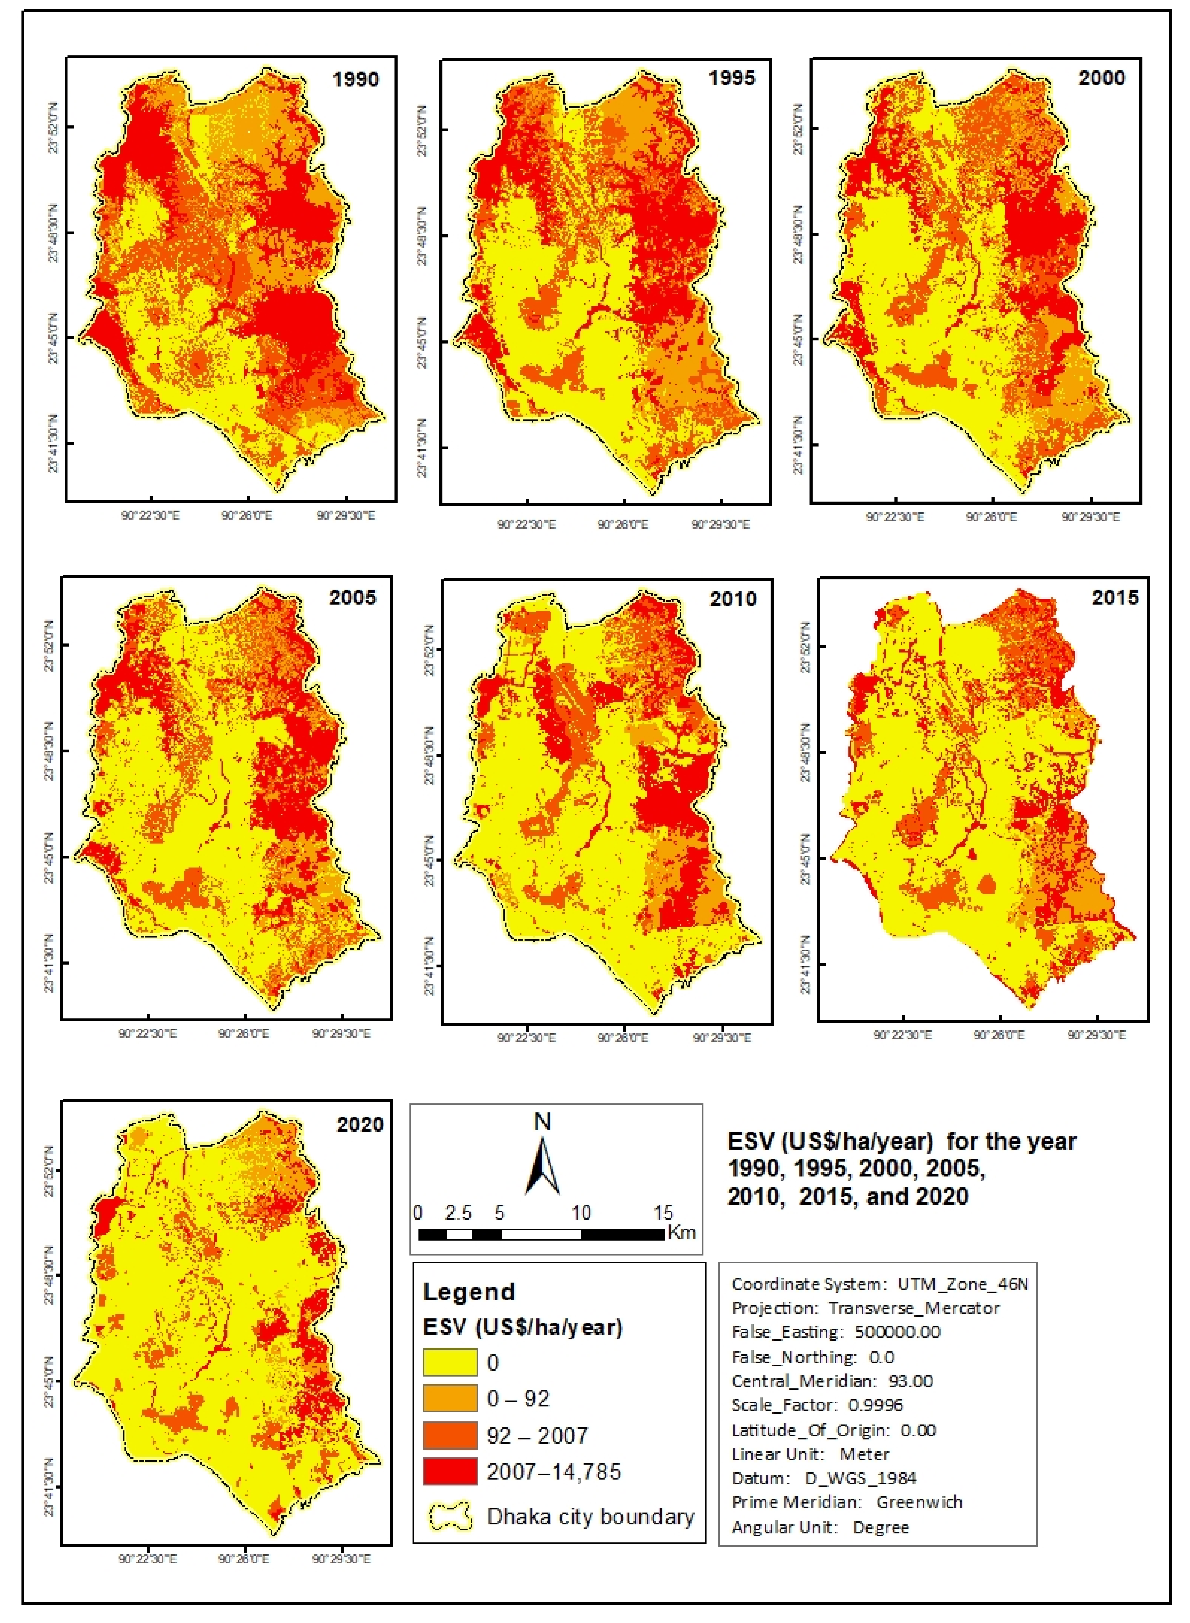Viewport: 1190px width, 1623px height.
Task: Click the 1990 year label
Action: pos(355,79)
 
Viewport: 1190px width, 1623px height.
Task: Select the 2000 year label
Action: pos(1101,78)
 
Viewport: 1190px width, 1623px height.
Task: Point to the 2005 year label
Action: pos(353,597)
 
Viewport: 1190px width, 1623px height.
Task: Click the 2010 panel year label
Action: pos(733,599)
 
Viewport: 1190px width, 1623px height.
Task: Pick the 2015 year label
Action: pos(1115,597)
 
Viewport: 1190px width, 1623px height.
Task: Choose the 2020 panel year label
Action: pos(360,1125)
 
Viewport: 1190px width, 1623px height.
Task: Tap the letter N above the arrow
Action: pos(542,1122)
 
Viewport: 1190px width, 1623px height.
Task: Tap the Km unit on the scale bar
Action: pos(681,1232)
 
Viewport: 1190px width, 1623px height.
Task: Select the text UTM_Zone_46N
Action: pos(962,1284)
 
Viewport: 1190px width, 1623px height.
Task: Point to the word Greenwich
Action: pos(919,1502)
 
